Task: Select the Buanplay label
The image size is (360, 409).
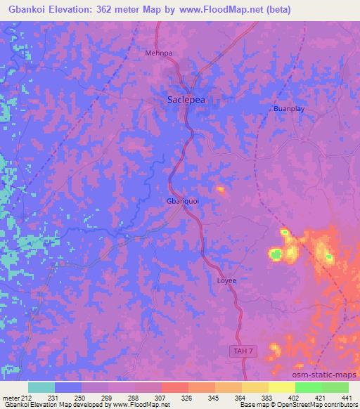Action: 289,110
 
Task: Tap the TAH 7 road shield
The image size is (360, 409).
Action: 240,350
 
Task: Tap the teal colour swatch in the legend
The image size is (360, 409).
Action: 41,387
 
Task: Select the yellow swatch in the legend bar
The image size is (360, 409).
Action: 282,387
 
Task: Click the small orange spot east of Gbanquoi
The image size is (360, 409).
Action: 221,189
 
